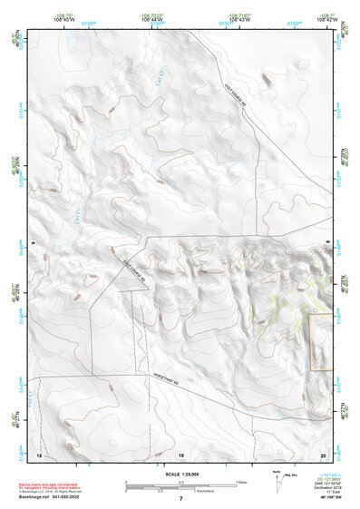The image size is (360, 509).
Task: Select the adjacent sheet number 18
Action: (x=38, y=453)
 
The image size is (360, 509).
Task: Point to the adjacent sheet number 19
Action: (x=180, y=453)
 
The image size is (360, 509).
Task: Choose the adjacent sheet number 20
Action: (x=323, y=453)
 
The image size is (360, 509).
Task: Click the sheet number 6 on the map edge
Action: (x=32, y=244)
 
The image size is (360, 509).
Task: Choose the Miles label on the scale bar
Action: (x=240, y=480)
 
